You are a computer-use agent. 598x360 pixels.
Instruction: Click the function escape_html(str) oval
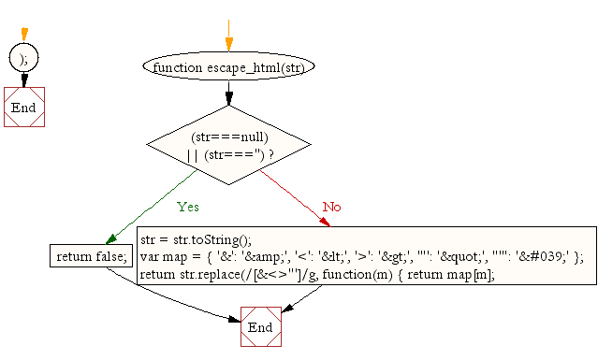pos(229,67)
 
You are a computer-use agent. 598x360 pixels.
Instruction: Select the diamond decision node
pos(229,144)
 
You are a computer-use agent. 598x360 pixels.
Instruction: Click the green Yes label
pos(187,207)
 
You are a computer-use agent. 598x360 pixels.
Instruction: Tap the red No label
pos(331,207)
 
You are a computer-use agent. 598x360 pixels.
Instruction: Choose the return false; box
pos(79,256)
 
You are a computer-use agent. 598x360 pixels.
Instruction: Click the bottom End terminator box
pos(260,327)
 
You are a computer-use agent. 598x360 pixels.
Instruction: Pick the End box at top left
pos(23,107)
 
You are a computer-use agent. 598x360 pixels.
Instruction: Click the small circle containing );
pos(23,58)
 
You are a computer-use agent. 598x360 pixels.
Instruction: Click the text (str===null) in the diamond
pos(229,137)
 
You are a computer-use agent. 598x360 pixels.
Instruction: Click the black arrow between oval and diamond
pos(229,94)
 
